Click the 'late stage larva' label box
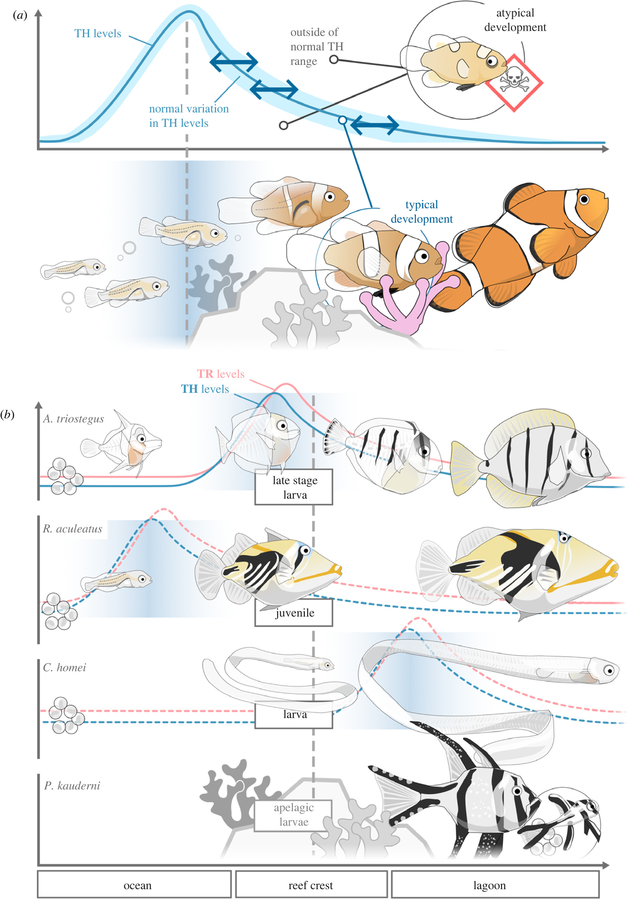[x=294, y=487]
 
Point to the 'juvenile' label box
[x=294, y=613]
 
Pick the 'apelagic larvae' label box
[x=293, y=815]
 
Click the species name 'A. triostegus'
[x=73, y=419]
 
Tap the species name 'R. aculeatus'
[x=73, y=529]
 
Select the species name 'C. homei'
[x=64, y=668]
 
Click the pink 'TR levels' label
[x=221, y=374]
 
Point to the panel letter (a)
[x=20, y=15]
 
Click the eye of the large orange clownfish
[x=584, y=199]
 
